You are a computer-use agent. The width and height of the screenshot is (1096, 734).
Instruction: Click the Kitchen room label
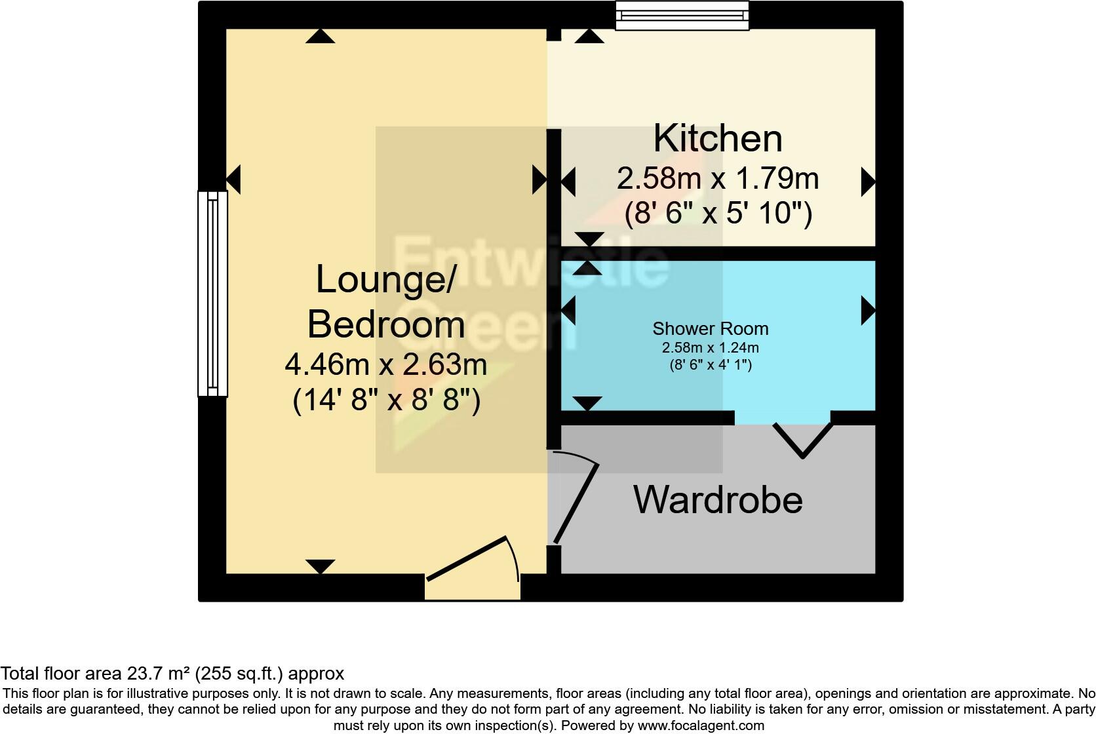point(718,138)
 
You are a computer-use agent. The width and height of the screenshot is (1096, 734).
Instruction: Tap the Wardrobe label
point(718,500)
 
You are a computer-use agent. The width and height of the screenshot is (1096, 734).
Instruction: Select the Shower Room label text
point(710,328)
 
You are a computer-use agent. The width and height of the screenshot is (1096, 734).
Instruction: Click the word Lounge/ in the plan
point(385,279)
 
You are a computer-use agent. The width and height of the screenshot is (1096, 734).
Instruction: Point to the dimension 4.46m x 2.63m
point(385,364)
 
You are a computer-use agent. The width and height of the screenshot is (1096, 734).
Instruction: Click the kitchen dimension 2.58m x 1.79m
point(718,178)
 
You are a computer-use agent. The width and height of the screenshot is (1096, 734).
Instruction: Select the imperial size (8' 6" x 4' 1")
point(710,365)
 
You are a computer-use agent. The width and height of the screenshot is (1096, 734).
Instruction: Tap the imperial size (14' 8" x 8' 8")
point(386,400)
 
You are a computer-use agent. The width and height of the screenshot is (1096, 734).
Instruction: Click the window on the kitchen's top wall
point(682,15)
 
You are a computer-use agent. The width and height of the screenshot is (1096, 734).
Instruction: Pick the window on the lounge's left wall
point(212,294)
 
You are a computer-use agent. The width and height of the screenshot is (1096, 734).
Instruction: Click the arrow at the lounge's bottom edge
point(320,566)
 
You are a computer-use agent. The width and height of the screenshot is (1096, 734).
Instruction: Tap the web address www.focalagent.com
point(700,725)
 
